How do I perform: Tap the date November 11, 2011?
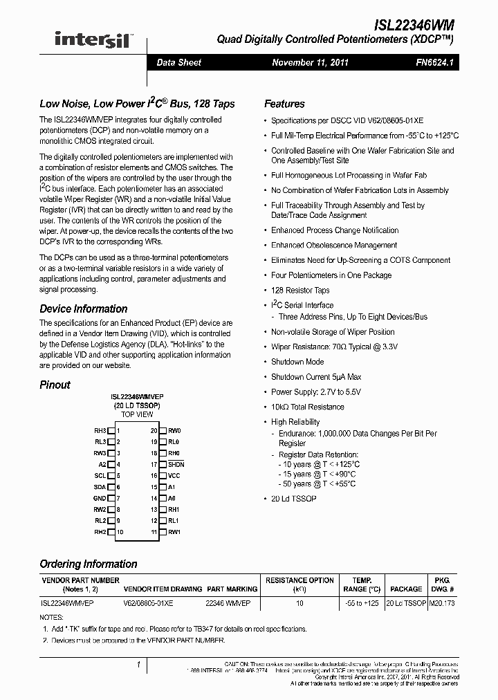[x=310, y=62]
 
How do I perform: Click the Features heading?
[x=284, y=104]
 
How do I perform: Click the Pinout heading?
[x=55, y=385]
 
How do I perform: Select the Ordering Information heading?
[x=88, y=564]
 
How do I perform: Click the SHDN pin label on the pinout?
[x=176, y=464]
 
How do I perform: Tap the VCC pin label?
[x=174, y=476]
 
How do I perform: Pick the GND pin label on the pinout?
[x=100, y=498]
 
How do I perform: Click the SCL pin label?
[x=100, y=476]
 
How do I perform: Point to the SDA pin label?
[x=100, y=487]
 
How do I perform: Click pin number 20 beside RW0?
[x=154, y=430]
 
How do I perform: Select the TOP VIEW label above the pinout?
[x=137, y=414]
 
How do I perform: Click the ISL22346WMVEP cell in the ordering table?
[x=68, y=603]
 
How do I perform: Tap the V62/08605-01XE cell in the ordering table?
[x=148, y=603]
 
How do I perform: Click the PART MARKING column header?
[x=232, y=589]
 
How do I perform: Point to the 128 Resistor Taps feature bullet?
[x=300, y=291]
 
